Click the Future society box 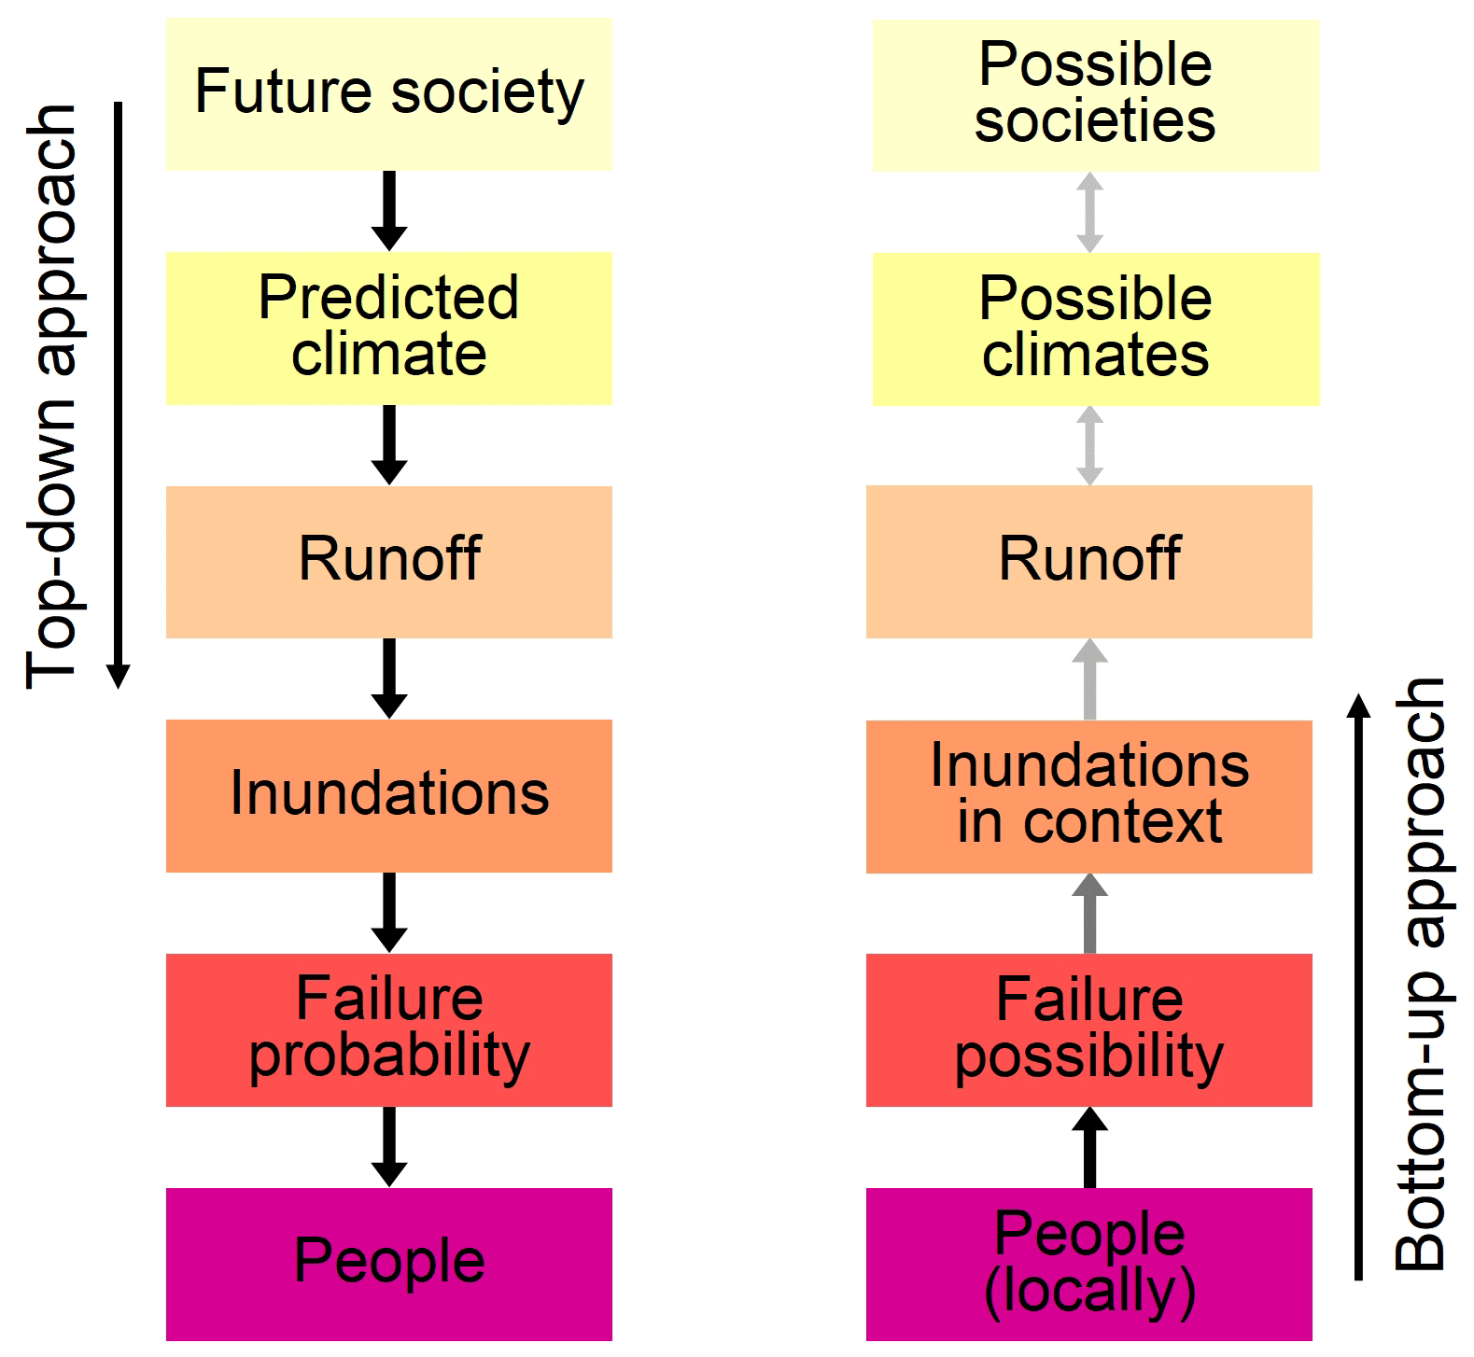coord(388,93)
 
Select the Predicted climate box coord(388,328)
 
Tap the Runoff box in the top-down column coord(388,561)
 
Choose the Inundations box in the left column coord(388,795)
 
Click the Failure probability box coord(388,1029)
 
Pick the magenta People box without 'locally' coord(388,1263)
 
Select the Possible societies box coord(1095,95)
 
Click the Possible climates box coord(1095,329)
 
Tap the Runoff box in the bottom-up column coord(1088,561)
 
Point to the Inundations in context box coord(1088,796)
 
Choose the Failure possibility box coord(1088,1029)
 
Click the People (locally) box coord(1088,1264)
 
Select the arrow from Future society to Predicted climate coord(389,211)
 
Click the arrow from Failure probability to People coord(389,1147)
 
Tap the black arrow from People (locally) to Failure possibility coord(1089,1147)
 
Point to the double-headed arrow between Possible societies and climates coord(1089,212)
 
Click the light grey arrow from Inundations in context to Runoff coord(1089,678)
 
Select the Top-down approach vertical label coord(51,397)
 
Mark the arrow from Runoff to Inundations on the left coord(389,678)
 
